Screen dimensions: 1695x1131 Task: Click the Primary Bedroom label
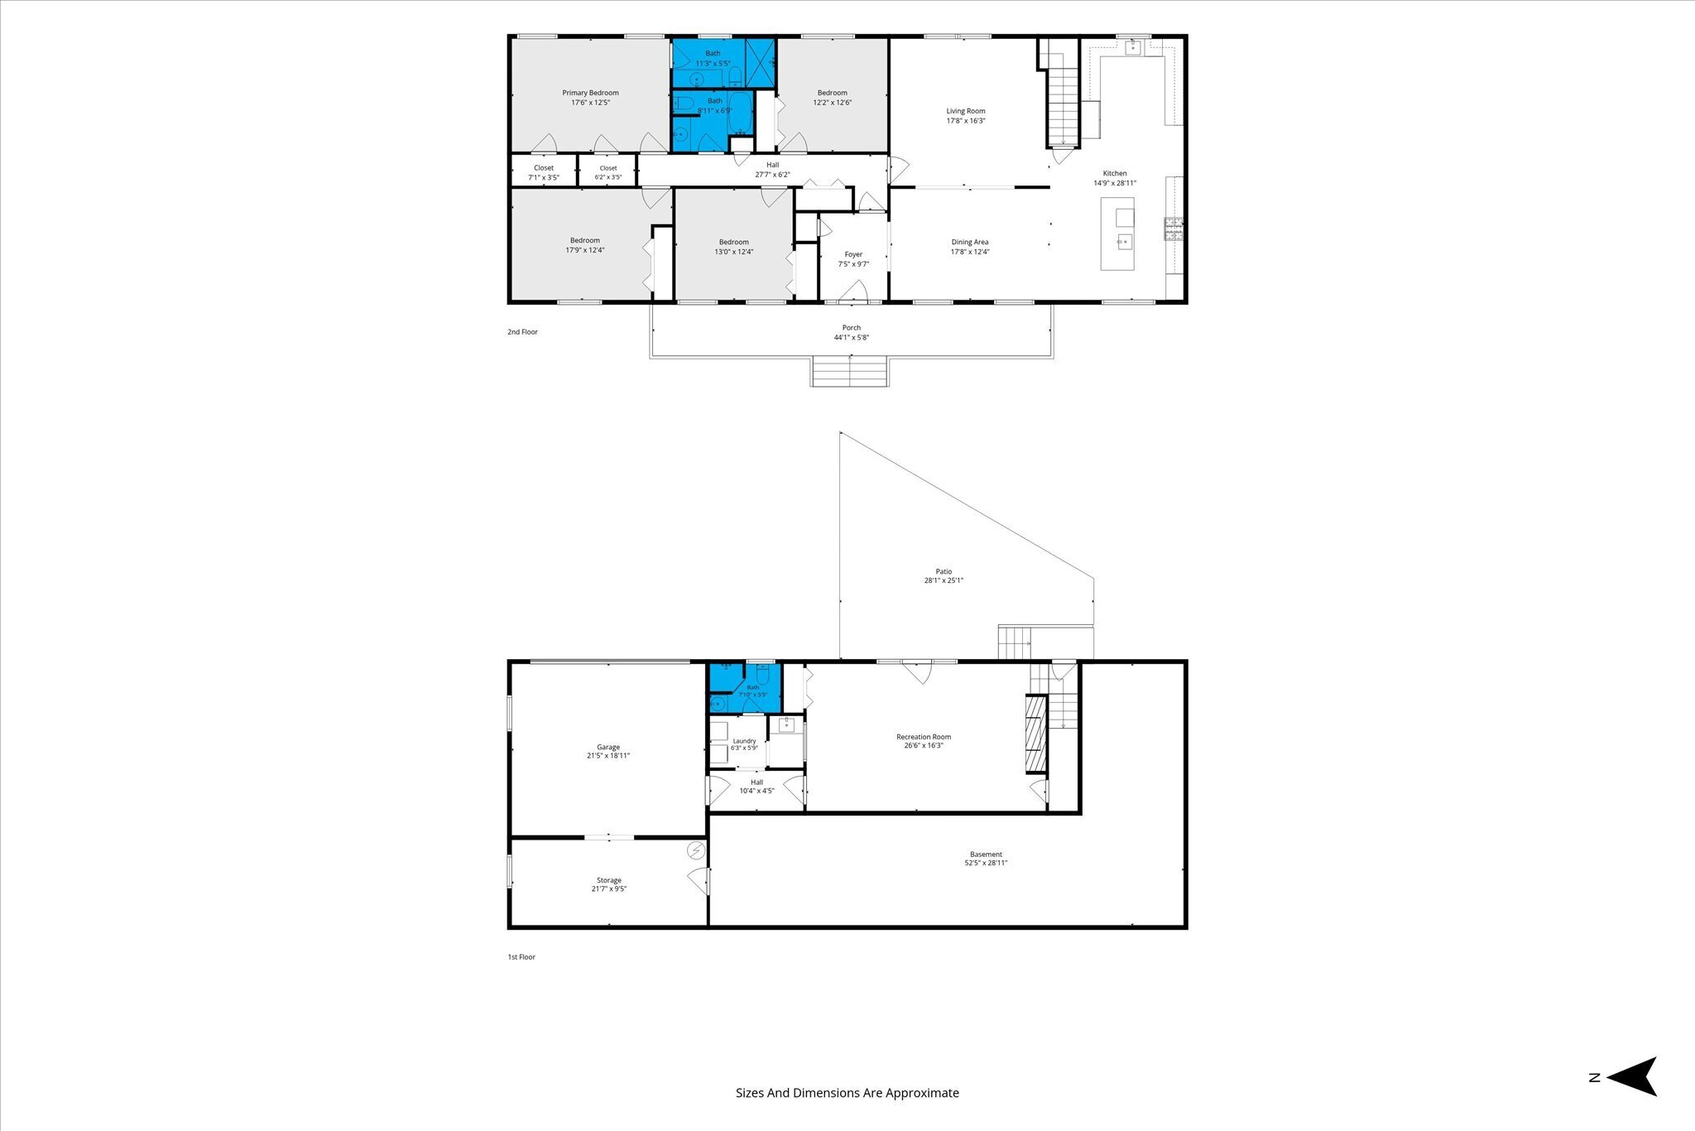click(590, 93)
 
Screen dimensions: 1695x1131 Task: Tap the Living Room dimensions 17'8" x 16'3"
click(966, 121)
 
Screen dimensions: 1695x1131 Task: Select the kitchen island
click(1117, 233)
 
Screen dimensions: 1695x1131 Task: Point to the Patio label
click(944, 571)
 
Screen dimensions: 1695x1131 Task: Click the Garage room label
click(608, 747)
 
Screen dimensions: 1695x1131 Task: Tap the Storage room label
click(609, 880)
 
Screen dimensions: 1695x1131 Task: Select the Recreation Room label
click(924, 737)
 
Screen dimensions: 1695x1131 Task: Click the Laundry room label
click(744, 741)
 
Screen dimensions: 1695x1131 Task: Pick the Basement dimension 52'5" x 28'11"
click(986, 863)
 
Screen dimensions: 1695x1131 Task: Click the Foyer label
click(853, 255)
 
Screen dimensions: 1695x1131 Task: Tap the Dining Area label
click(970, 243)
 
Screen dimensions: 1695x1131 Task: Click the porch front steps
click(850, 372)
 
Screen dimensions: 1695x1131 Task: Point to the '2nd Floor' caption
click(522, 332)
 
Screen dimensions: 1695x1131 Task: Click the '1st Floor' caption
click(521, 957)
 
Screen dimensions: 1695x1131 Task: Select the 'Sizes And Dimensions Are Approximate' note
click(847, 1093)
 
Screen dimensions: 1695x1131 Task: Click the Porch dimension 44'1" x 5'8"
click(852, 337)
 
